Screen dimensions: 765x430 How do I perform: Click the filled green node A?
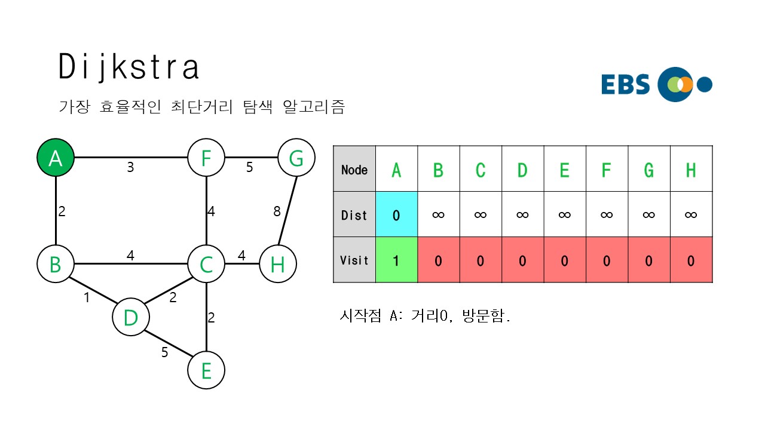point(55,158)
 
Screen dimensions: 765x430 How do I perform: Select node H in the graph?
point(278,264)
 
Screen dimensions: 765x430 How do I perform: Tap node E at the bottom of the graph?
point(206,370)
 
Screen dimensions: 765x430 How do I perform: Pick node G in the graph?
point(296,158)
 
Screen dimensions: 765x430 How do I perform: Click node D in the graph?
point(130,317)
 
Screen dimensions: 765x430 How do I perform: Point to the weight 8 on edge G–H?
point(276,211)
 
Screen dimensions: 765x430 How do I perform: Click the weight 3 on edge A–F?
point(130,168)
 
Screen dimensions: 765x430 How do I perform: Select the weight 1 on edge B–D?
point(87,297)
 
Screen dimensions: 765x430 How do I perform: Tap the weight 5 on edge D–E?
point(164,352)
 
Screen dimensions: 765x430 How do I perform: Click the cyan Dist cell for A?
point(396,214)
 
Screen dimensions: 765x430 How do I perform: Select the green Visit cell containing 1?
point(396,260)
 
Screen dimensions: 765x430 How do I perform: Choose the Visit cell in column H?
point(691,260)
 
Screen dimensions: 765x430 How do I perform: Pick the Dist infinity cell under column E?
point(564,214)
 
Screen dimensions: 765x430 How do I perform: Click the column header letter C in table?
point(480,170)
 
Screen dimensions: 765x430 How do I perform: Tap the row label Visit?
point(354,260)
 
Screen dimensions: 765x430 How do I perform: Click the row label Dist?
point(354,214)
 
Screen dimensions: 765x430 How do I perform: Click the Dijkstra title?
point(128,67)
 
